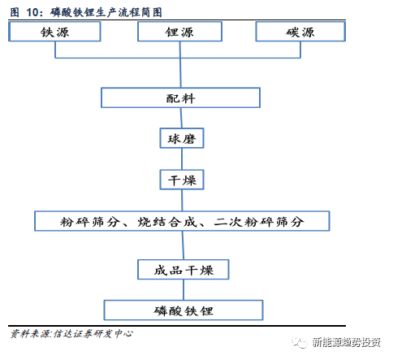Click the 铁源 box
54,32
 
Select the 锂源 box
179,32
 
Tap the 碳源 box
300,32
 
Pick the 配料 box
180,98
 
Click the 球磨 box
182,138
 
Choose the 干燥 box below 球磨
182,180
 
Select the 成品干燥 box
184,270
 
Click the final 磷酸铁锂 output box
184,310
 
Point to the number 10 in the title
32,12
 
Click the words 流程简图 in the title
140,12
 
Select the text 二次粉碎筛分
259,222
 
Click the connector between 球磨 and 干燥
182,159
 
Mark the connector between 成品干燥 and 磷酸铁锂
184,290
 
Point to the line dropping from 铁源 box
55,50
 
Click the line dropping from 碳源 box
300,50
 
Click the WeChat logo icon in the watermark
300,343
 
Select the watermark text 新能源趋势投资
347,343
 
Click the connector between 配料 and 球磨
181,118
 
